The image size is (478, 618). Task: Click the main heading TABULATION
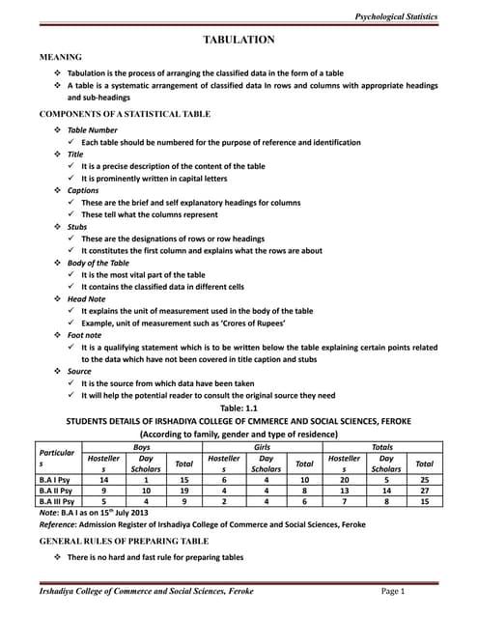coord(239,39)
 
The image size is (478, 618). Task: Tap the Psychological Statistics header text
coord(397,17)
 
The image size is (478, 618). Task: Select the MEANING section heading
coord(60,58)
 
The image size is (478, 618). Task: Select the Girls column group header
coord(262,447)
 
